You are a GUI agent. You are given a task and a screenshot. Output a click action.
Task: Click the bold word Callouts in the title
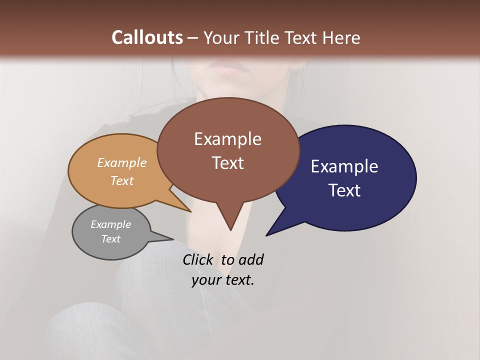pyautogui.click(x=147, y=37)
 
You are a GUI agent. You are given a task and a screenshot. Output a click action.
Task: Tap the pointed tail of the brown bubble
pyautogui.click(x=229, y=220)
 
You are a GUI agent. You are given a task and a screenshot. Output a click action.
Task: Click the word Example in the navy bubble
pyautogui.click(x=344, y=166)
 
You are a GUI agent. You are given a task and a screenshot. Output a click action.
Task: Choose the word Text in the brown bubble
pyautogui.click(x=228, y=163)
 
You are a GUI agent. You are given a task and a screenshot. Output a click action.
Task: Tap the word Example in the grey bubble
pyautogui.click(x=110, y=224)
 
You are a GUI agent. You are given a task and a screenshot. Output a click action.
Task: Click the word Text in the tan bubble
pyautogui.click(x=122, y=180)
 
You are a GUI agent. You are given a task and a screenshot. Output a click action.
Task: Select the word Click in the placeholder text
pyautogui.click(x=197, y=260)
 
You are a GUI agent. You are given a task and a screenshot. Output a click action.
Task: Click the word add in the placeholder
pyautogui.click(x=250, y=260)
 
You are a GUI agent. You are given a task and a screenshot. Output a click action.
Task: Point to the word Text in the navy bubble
pyautogui.click(x=345, y=190)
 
